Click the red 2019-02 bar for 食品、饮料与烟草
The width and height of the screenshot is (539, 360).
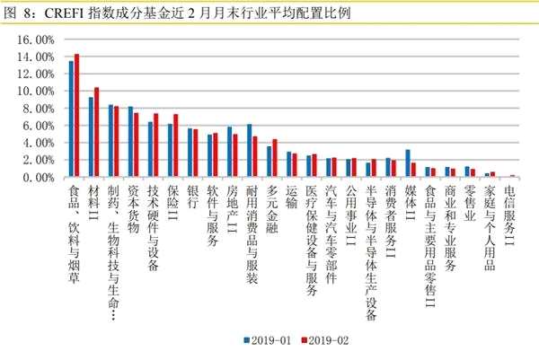77,116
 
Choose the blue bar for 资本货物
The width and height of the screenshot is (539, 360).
130,143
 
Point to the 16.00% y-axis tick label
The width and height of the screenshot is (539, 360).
37,40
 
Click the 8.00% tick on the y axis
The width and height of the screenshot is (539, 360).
40,109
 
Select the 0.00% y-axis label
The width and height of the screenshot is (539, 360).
40,178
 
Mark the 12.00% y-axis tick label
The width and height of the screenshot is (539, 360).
37,74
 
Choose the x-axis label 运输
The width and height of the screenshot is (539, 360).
291,198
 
